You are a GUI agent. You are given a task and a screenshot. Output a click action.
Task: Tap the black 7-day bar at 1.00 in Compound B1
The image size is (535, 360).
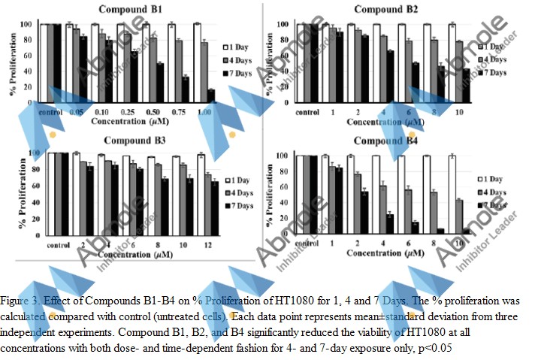coord(211,95)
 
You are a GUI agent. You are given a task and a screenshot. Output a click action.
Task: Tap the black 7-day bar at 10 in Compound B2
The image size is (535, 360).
coord(465,85)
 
